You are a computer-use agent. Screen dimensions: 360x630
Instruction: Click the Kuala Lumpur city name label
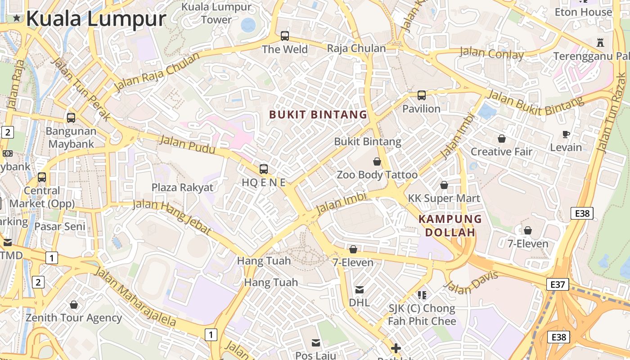tap(96, 19)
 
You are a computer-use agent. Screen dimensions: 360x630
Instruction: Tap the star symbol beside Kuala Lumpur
tap(17, 18)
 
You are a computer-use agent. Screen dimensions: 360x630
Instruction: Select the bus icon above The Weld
tap(284, 36)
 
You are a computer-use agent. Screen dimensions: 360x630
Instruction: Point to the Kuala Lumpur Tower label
tap(216, 13)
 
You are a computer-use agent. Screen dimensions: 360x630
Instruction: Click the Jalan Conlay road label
tap(491, 54)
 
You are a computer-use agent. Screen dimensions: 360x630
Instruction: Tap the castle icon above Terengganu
tap(599, 43)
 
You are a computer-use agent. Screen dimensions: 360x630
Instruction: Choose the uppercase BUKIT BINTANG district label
tap(318, 115)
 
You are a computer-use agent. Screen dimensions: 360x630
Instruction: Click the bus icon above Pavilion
tap(421, 95)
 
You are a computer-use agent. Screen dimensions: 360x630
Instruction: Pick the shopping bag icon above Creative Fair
tap(501, 139)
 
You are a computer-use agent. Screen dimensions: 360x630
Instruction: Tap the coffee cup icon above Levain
tap(566, 134)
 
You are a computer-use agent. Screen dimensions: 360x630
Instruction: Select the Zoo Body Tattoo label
tap(377, 175)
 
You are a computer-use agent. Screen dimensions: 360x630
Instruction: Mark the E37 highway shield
tap(558, 284)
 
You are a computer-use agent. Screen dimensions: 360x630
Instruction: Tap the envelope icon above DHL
tap(360, 289)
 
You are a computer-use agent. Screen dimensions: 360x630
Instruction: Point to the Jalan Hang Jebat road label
tap(172, 216)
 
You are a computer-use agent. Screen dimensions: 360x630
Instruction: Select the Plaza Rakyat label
tap(182, 187)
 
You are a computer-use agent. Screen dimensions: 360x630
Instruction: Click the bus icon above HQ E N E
tap(264, 169)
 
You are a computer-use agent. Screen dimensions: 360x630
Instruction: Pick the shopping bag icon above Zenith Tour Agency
tap(74, 305)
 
